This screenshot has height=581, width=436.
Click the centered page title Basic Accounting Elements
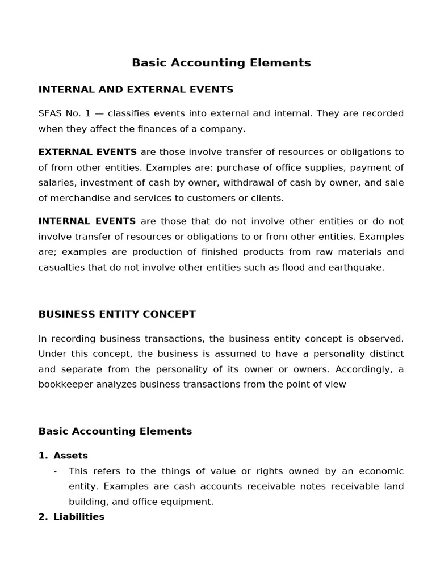point(221,63)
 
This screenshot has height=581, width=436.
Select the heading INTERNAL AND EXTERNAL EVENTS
point(136,90)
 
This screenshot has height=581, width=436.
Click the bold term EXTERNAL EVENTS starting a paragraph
point(87,152)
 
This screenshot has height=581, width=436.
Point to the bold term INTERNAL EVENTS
point(87,221)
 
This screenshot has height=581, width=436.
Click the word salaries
point(56,183)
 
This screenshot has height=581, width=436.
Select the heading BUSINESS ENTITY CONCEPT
point(117,314)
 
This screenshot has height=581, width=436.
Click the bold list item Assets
point(70,456)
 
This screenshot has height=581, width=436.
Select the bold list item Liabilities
point(79,517)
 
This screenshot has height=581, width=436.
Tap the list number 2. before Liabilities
point(43,517)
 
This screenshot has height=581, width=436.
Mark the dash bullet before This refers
point(55,471)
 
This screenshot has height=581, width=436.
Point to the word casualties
point(61,267)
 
